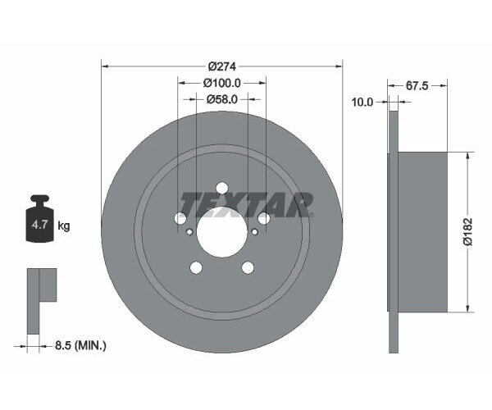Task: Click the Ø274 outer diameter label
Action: pyautogui.click(x=222, y=66)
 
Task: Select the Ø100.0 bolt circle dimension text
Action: pyautogui.click(x=222, y=83)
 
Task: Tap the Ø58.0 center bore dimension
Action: pyautogui.click(x=222, y=99)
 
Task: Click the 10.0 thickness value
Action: pyautogui.click(x=362, y=102)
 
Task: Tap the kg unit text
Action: pyautogui.click(x=63, y=225)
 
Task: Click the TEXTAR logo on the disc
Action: pyautogui.click(x=246, y=203)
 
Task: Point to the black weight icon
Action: pyautogui.click(x=39, y=219)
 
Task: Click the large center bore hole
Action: pyautogui.click(x=221, y=230)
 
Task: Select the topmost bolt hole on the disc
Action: pyautogui.click(x=221, y=188)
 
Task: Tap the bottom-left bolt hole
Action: pyautogui.click(x=195, y=267)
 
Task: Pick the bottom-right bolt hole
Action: pyautogui.click(x=248, y=267)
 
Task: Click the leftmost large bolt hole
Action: pyautogui.click(x=180, y=218)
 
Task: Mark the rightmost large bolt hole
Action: pyautogui.click(x=263, y=218)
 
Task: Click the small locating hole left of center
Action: pyautogui.click(x=190, y=231)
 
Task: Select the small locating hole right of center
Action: pyautogui.click(x=254, y=231)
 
